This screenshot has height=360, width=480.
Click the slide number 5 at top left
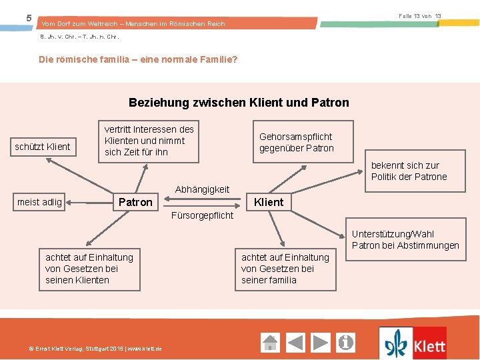(x=29, y=18)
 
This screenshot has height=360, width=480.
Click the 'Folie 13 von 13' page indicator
(x=419, y=15)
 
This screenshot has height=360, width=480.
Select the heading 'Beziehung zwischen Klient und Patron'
(x=239, y=103)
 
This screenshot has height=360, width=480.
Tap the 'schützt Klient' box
(x=43, y=146)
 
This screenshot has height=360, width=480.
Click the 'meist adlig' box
(x=40, y=202)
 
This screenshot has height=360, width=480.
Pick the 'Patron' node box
(x=135, y=202)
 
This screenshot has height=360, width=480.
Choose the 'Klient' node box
(x=269, y=202)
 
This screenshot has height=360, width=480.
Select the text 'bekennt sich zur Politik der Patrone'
(x=409, y=171)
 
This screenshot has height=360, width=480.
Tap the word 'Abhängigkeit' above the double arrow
(x=202, y=189)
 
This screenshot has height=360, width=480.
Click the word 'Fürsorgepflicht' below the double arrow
(x=202, y=215)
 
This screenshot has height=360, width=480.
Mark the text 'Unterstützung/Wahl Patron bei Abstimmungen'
(x=405, y=240)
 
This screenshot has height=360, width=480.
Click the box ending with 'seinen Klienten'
(x=90, y=269)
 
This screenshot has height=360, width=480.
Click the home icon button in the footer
(x=270, y=343)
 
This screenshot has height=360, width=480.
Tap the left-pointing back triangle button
(x=295, y=343)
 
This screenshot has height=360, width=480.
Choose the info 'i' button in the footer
(x=346, y=343)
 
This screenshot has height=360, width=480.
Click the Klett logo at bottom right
(x=413, y=343)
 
